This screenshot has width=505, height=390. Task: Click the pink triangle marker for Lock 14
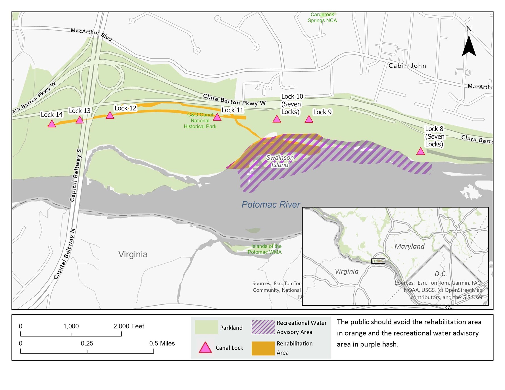coord(52,124)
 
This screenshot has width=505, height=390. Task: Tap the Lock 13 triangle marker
coord(80,120)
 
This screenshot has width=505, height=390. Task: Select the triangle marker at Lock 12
coord(110,115)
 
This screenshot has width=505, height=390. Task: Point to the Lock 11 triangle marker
coord(217,117)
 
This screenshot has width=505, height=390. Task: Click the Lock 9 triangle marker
coord(309,119)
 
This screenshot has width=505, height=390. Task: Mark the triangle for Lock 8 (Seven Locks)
coord(420,151)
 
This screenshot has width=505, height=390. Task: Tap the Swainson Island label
coord(280,161)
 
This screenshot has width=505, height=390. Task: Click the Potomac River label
coord(270,205)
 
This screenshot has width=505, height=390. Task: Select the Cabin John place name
coord(407,66)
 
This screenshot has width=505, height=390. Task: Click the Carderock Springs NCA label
coord(322,17)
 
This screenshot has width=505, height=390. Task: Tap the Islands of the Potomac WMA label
coord(265,249)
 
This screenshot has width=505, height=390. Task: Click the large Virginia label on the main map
coord(133,254)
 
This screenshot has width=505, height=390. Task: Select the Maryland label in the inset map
coord(409,246)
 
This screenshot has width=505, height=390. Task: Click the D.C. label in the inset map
coord(441,274)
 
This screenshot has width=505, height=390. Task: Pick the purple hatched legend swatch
coord(263,327)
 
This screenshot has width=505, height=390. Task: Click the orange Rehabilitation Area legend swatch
coord(263,348)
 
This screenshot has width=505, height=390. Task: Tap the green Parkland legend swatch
coord(206,327)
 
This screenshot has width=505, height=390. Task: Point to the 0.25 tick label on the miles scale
coord(87,343)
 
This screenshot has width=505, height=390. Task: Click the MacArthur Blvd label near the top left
coord(91,34)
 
